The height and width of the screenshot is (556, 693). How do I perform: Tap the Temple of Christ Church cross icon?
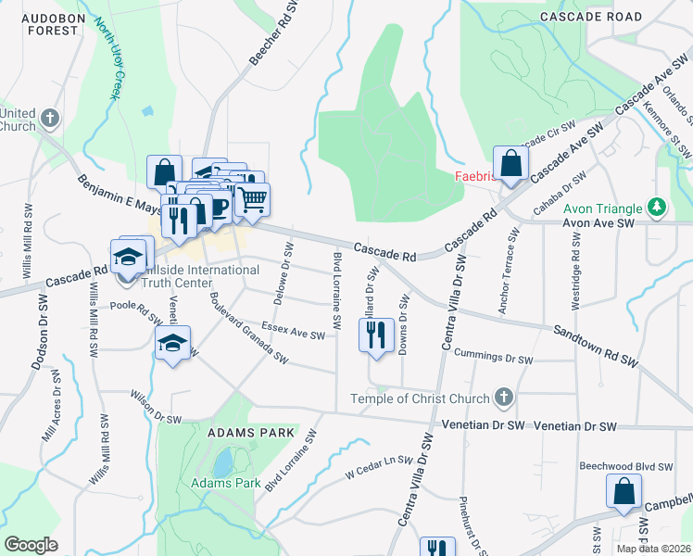[503, 398]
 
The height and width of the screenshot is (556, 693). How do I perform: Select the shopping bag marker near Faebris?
[510, 165]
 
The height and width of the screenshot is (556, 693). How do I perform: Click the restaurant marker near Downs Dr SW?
[375, 336]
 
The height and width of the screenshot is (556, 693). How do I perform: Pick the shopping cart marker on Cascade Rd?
[252, 199]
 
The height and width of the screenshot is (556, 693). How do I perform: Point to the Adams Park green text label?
[226, 483]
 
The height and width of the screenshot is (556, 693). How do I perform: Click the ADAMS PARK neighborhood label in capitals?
[251, 433]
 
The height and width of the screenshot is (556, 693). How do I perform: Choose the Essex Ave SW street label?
[293, 331]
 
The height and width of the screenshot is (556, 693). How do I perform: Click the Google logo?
[31, 544]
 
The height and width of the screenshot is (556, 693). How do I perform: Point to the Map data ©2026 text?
[650, 549]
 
